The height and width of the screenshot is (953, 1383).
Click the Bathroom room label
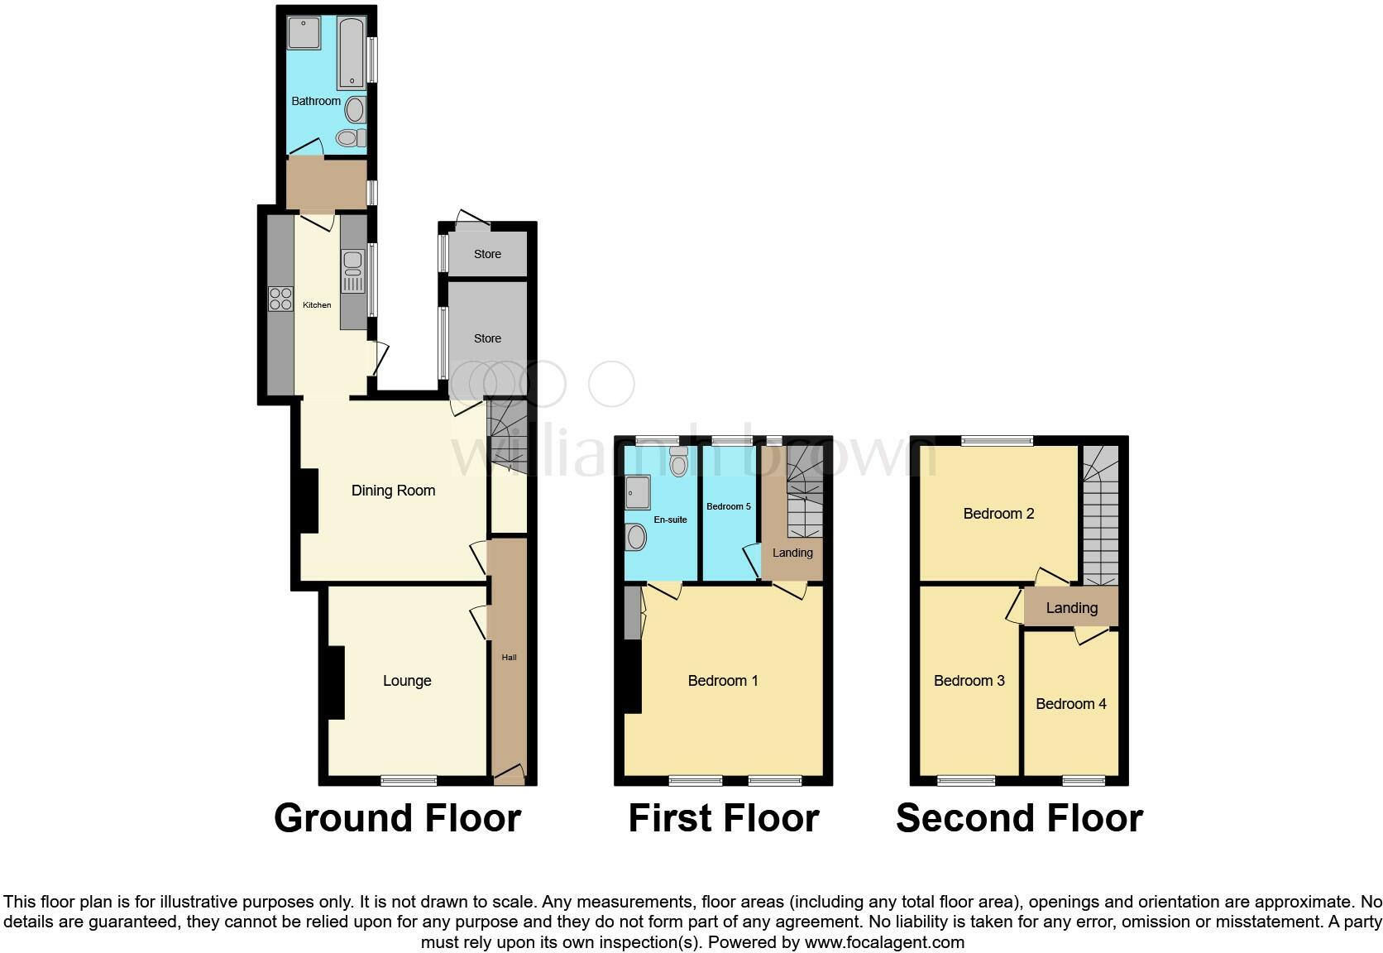(316, 101)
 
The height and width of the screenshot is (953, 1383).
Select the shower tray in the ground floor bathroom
(304, 34)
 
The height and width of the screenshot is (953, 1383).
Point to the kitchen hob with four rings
(281, 298)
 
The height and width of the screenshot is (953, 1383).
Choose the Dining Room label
(393, 491)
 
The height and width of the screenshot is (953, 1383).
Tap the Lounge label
(407, 681)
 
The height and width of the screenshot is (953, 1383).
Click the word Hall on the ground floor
(509, 658)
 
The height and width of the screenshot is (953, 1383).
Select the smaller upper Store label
(487, 254)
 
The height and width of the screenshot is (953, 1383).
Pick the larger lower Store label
(487, 338)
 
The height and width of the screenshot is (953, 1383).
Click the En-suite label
(670, 520)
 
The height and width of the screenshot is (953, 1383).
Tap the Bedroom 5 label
(729, 506)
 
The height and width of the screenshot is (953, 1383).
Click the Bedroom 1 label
(723, 681)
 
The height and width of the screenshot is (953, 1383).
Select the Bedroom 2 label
(998, 514)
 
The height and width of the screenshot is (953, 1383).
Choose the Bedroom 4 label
(1071, 704)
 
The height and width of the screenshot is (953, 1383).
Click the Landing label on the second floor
(1072, 608)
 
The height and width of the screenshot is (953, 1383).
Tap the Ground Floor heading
(397, 818)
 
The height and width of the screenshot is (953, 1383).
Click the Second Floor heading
(1019, 818)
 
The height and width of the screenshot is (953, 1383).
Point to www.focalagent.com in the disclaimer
(884, 941)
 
